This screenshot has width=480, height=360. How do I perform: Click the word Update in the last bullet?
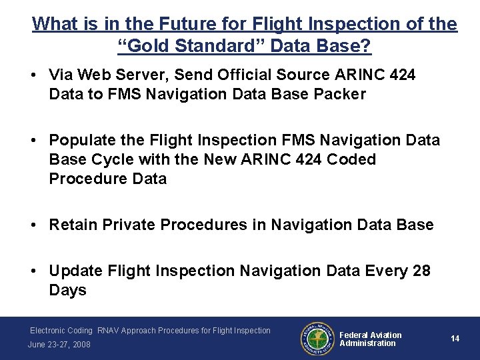pyautogui.click(x=75, y=271)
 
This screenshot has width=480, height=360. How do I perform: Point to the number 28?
pyautogui.click(x=421, y=271)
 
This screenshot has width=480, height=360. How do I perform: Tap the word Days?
pyautogui.click(x=67, y=290)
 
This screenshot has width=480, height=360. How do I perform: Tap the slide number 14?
pyautogui.click(x=455, y=339)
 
